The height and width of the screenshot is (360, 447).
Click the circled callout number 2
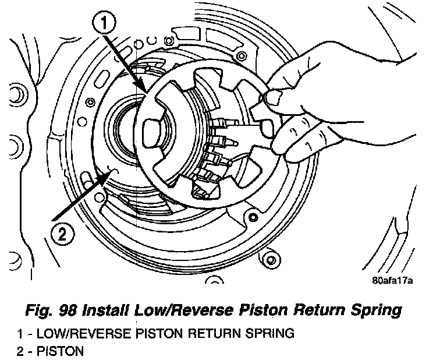[63, 234]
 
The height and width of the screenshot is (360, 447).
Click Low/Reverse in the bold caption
[187, 311]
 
